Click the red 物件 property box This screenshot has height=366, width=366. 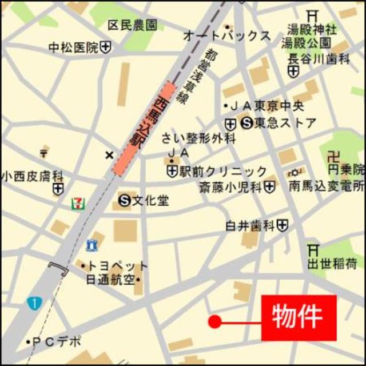click(x=299, y=318)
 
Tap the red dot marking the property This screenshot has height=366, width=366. click(x=214, y=321)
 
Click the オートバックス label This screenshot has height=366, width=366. click(x=226, y=35)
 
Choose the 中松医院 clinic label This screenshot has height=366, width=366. click(x=74, y=48)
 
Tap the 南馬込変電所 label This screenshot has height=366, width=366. click(x=326, y=186)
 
